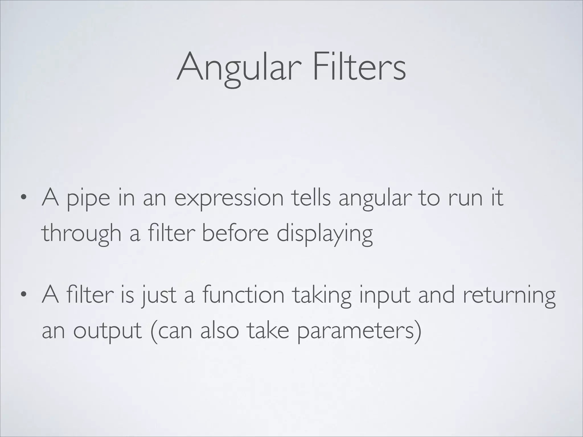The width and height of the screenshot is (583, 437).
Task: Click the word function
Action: [243, 295]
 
